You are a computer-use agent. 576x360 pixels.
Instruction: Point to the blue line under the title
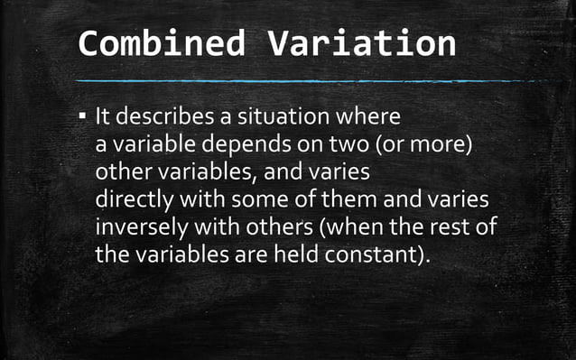click(307, 80)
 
